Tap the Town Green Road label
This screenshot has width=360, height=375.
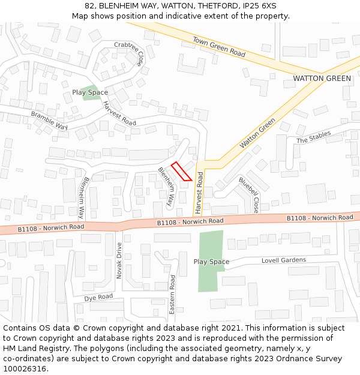pos(219,47)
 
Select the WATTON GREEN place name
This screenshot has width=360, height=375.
pos(322,79)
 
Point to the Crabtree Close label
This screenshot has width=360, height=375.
pos(130,53)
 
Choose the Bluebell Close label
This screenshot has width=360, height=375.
pos(248,195)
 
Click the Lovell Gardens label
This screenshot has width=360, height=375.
pos(283,260)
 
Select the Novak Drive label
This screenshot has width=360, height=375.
pos(119,261)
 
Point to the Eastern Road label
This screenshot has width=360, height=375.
pos(172,295)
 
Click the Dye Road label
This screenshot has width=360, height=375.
pos(98,298)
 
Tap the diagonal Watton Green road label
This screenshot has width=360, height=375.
pos(257,133)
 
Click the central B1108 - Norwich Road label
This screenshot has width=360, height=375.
pos(190,221)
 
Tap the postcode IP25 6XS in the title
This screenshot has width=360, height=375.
pos(261,5)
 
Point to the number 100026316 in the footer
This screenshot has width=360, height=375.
pos(25,368)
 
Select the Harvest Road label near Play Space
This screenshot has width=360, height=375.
pos(119,112)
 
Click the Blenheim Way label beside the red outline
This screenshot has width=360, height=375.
pos(166,187)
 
